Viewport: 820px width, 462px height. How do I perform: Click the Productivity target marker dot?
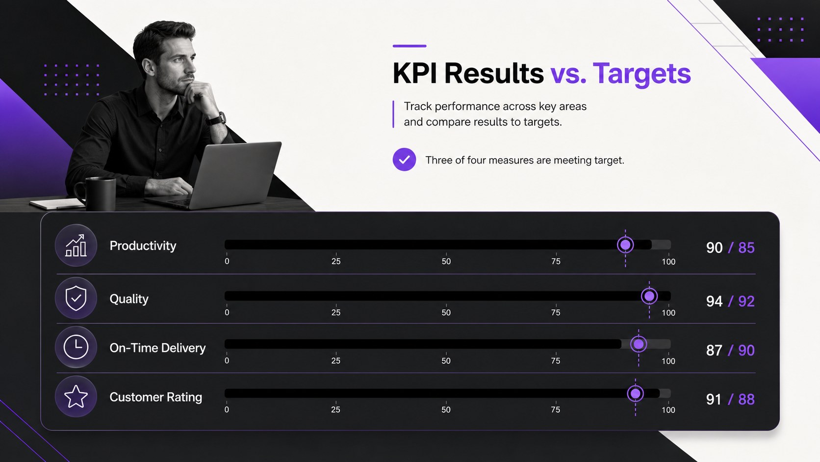[x=625, y=245]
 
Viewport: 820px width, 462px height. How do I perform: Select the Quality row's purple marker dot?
[x=649, y=296]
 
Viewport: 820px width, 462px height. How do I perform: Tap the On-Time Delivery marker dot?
[x=639, y=344]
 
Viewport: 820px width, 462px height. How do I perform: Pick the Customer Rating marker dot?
[x=636, y=393]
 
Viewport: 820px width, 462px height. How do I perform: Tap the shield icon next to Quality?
[x=76, y=298]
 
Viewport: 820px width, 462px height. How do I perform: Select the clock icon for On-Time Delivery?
[x=76, y=347]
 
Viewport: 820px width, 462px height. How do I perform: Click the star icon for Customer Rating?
[x=76, y=397]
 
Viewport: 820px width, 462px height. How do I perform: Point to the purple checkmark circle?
[x=404, y=160]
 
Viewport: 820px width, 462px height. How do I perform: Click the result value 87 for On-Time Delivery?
[x=714, y=351]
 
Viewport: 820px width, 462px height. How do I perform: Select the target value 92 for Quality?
[x=746, y=301]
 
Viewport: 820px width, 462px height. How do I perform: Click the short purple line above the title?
[x=410, y=46]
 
